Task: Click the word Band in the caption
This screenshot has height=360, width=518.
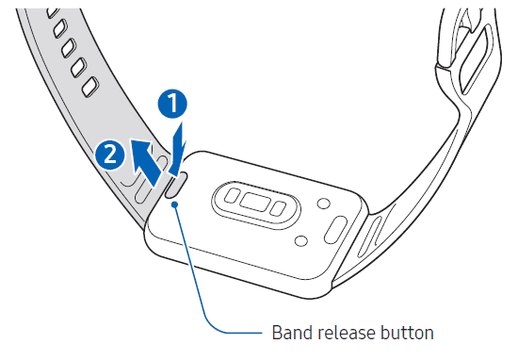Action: (290, 333)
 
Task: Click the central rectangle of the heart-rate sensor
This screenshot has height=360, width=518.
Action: (252, 202)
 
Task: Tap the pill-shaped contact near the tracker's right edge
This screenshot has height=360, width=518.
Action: (336, 227)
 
